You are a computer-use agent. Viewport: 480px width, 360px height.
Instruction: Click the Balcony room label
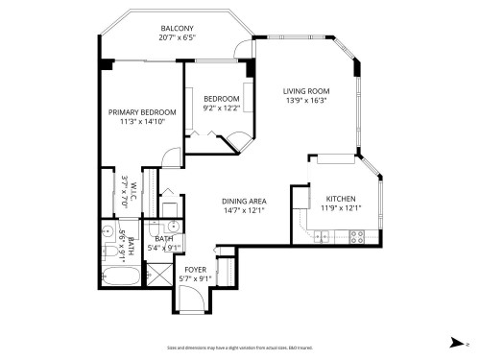click(x=178, y=29)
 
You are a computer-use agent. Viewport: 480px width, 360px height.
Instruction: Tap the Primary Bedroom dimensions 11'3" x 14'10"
click(x=142, y=122)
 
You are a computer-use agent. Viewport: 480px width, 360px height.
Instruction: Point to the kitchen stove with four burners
click(x=357, y=235)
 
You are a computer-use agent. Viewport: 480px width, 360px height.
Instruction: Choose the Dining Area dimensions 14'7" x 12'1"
click(x=244, y=209)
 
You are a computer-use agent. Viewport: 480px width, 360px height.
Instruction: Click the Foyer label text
click(x=196, y=270)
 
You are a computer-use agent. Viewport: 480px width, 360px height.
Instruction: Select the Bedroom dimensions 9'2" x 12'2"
click(x=221, y=108)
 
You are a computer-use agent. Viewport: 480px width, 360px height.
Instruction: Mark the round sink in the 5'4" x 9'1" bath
click(x=171, y=227)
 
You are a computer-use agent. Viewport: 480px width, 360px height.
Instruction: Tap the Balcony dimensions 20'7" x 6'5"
click(x=178, y=38)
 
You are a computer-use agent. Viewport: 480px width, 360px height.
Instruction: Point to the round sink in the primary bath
click(x=106, y=231)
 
